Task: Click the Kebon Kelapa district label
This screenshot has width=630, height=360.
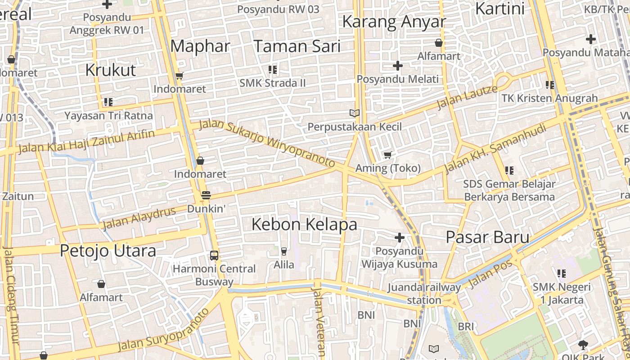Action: coord(304,224)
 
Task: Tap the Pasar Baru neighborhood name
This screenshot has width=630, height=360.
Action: coord(487,237)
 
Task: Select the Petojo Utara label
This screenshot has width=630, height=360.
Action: coord(108,251)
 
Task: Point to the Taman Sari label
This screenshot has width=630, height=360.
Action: coord(297,46)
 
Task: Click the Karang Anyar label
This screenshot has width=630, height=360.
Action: coord(394,22)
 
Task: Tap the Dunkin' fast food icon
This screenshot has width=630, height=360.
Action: coord(206,195)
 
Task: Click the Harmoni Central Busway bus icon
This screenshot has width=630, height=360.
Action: coord(214,256)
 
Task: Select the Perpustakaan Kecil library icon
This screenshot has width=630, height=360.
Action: coord(355,113)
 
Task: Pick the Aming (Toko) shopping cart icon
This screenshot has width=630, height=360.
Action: coord(387,155)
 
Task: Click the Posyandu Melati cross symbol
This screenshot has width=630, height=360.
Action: coord(397,66)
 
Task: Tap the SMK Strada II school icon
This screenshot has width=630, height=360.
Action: coord(272,70)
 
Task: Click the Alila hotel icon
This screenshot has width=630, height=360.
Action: coord(283,251)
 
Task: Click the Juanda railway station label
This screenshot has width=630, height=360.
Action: coord(424,293)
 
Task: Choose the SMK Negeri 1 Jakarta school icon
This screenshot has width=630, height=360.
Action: coord(561,273)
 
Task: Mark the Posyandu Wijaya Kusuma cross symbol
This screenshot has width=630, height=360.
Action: coord(399,237)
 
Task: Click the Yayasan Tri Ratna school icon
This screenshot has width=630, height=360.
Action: coord(108,102)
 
